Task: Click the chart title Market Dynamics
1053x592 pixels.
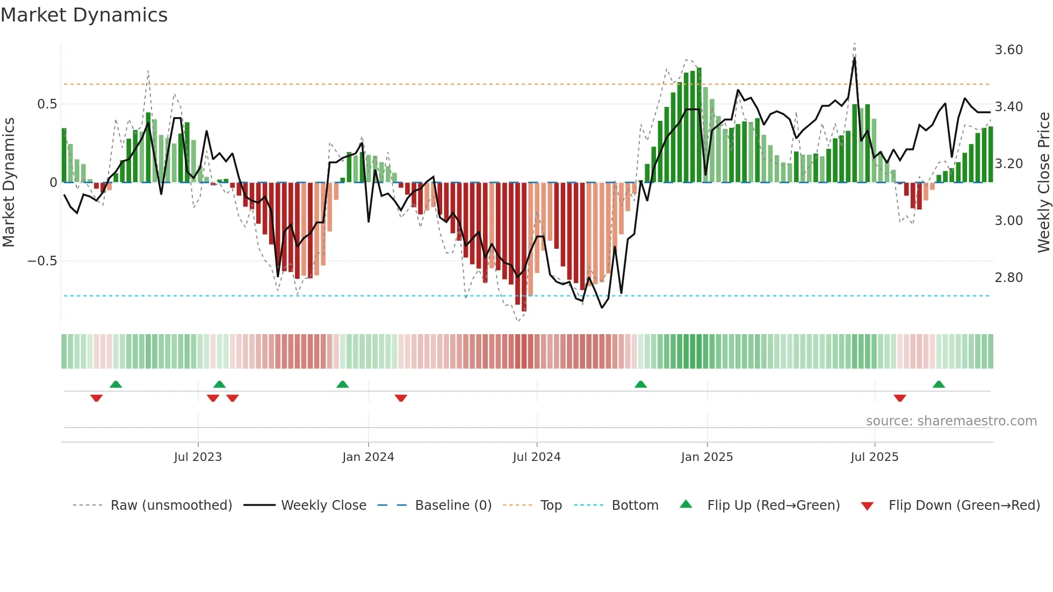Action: [x=84, y=15]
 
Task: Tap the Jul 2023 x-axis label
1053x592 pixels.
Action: [x=198, y=457]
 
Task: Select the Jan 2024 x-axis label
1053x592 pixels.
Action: [x=368, y=457]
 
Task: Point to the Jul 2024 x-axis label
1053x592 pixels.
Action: [x=536, y=457]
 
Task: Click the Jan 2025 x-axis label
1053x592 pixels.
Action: [x=706, y=457]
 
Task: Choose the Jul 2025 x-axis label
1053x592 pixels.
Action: [x=874, y=457]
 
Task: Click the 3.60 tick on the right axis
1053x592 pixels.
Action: [x=1008, y=50]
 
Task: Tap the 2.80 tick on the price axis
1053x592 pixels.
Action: [x=1008, y=278]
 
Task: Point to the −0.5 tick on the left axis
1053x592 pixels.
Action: [x=42, y=261]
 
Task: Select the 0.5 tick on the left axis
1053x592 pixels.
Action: [x=47, y=104]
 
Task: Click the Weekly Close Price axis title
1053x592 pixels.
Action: [x=1043, y=182]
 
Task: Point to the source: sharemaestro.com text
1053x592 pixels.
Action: [x=951, y=421]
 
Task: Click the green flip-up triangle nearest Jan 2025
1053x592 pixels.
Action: [x=640, y=385]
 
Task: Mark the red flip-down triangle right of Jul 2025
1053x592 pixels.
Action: [x=900, y=398]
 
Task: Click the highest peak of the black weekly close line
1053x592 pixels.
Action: [x=854, y=58]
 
